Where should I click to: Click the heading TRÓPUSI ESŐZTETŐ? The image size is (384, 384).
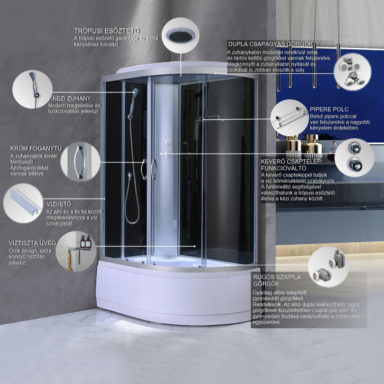click(x=107, y=31)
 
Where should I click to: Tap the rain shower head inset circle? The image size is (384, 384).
click(x=180, y=35)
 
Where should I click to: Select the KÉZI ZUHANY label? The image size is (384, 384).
click(x=72, y=98)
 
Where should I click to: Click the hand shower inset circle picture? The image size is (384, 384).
click(x=33, y=89)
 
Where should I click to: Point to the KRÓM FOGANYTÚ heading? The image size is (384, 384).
click(x=36, y=148)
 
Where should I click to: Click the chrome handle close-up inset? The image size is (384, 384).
click(x=80, y=162)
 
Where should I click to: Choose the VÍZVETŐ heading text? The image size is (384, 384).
click(x=59, y=204)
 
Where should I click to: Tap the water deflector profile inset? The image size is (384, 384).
click(x=23, y=203)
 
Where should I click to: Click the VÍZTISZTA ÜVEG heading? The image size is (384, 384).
click(x=33, y=243)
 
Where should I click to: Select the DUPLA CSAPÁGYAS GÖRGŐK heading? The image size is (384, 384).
click(x=271, y=44)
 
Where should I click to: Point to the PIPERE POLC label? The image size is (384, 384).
click(x=329, y=109)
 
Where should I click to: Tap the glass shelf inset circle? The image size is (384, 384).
click(x=290, y=118)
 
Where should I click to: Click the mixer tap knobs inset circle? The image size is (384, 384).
click(x=354, y=157)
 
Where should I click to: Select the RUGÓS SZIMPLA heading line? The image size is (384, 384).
click(x=277, y=277)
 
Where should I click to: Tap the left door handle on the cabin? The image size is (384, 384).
click(x=144, y=169)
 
